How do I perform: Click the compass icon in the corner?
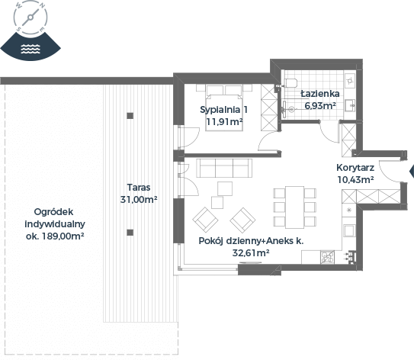coord(30,18)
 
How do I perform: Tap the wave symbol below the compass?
coord(30,49)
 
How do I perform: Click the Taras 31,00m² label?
coord(139,193)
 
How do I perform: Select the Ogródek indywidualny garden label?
coord(55,223)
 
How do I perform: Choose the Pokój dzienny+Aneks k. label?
coord(251,241)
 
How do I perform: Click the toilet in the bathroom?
coord(290,83)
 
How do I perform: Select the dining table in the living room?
coord(294,207)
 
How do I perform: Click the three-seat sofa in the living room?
coord(224,168)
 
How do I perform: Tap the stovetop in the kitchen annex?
coord(327,257)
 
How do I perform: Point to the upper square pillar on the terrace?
coord(130,116)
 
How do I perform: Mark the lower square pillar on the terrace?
coord(130,233)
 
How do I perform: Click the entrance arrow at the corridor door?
coord(412,172)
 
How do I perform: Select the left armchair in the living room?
coord(205,220)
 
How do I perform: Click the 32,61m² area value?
coord(251,253)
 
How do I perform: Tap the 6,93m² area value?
coord(320,106)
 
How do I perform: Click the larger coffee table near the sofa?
coord(225,188)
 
